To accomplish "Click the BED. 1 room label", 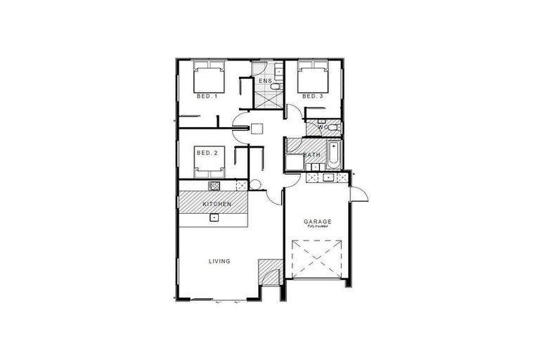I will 207,96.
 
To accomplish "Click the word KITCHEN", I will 217,204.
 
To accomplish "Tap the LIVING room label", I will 219,262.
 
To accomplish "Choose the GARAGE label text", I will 318,221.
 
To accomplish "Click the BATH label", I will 312,155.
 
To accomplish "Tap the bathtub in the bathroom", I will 333,156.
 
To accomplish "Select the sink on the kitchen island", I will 214,218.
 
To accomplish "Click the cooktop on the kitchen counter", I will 214,186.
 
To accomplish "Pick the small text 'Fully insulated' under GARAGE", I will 318,227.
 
